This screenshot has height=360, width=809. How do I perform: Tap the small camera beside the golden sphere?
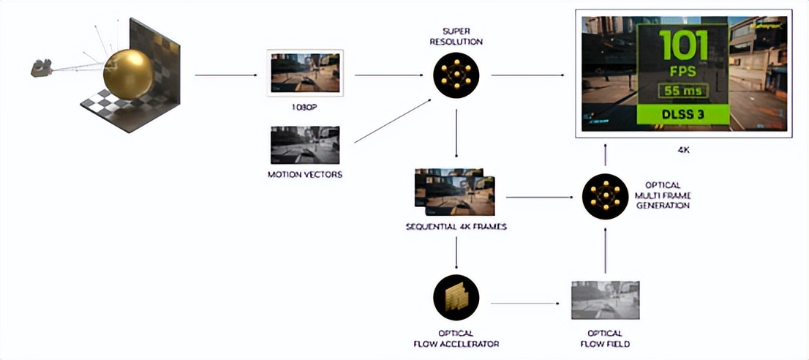point(40,69)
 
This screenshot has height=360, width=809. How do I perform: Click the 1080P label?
point(305,106)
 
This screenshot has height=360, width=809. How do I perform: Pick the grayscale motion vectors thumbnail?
point(305,145)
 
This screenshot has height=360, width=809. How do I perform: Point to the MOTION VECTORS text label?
point(305,175)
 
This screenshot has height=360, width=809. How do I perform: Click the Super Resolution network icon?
point(456,76)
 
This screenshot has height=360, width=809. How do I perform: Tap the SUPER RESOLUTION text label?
point(456,37)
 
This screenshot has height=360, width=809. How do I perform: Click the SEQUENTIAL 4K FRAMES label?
point(456,227)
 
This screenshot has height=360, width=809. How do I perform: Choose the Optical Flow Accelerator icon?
point(456,299)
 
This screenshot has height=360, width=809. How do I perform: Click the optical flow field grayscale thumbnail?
point(604,300)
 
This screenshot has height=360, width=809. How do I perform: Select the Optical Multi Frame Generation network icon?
point(604,196)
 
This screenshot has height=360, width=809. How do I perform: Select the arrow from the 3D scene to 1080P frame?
point(226,75)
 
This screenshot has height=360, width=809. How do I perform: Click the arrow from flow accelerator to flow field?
point(529,302)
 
